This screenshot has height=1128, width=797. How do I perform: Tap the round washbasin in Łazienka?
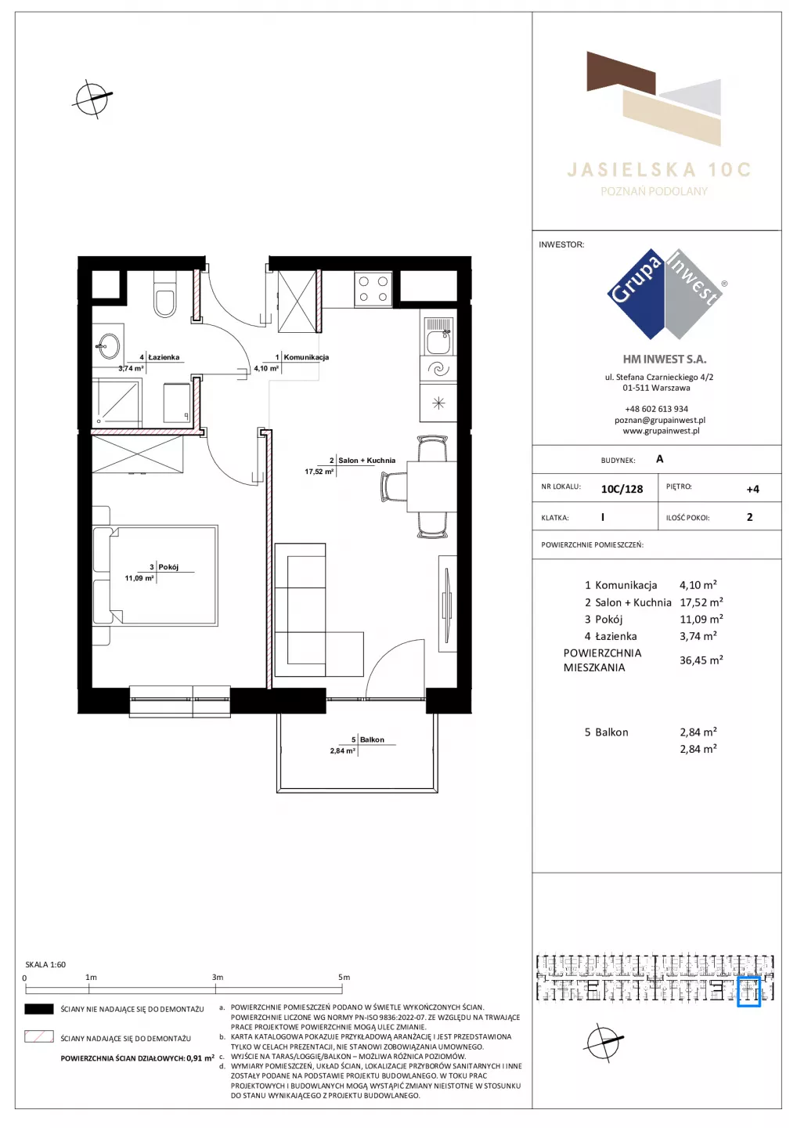click(108, 346)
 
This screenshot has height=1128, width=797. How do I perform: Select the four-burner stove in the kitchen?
click(373, 289)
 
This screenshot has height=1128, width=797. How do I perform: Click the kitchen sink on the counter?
click(438, 336)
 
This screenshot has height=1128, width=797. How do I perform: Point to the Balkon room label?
click(372, 739)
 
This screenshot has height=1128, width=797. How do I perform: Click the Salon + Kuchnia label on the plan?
click(366, 461)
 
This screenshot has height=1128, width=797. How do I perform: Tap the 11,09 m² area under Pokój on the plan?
click(139, 578)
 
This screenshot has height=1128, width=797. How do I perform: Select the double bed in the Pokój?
click(155, 576)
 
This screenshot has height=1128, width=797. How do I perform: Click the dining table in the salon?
click(431, 486)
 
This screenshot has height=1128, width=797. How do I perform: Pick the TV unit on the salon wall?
click(447, 603)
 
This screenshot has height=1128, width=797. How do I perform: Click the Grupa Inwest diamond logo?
click(665, 294)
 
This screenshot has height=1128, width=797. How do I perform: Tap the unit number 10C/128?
click(622, 489)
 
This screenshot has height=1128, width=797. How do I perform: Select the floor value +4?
click(752, 489)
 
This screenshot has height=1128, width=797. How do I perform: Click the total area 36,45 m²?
click(701, 660)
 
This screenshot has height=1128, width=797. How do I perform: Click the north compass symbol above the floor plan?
click(93, 99)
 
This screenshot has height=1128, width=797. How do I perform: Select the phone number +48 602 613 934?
click(656, 409)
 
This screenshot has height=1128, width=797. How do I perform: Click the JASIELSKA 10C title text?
click(659, 170)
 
